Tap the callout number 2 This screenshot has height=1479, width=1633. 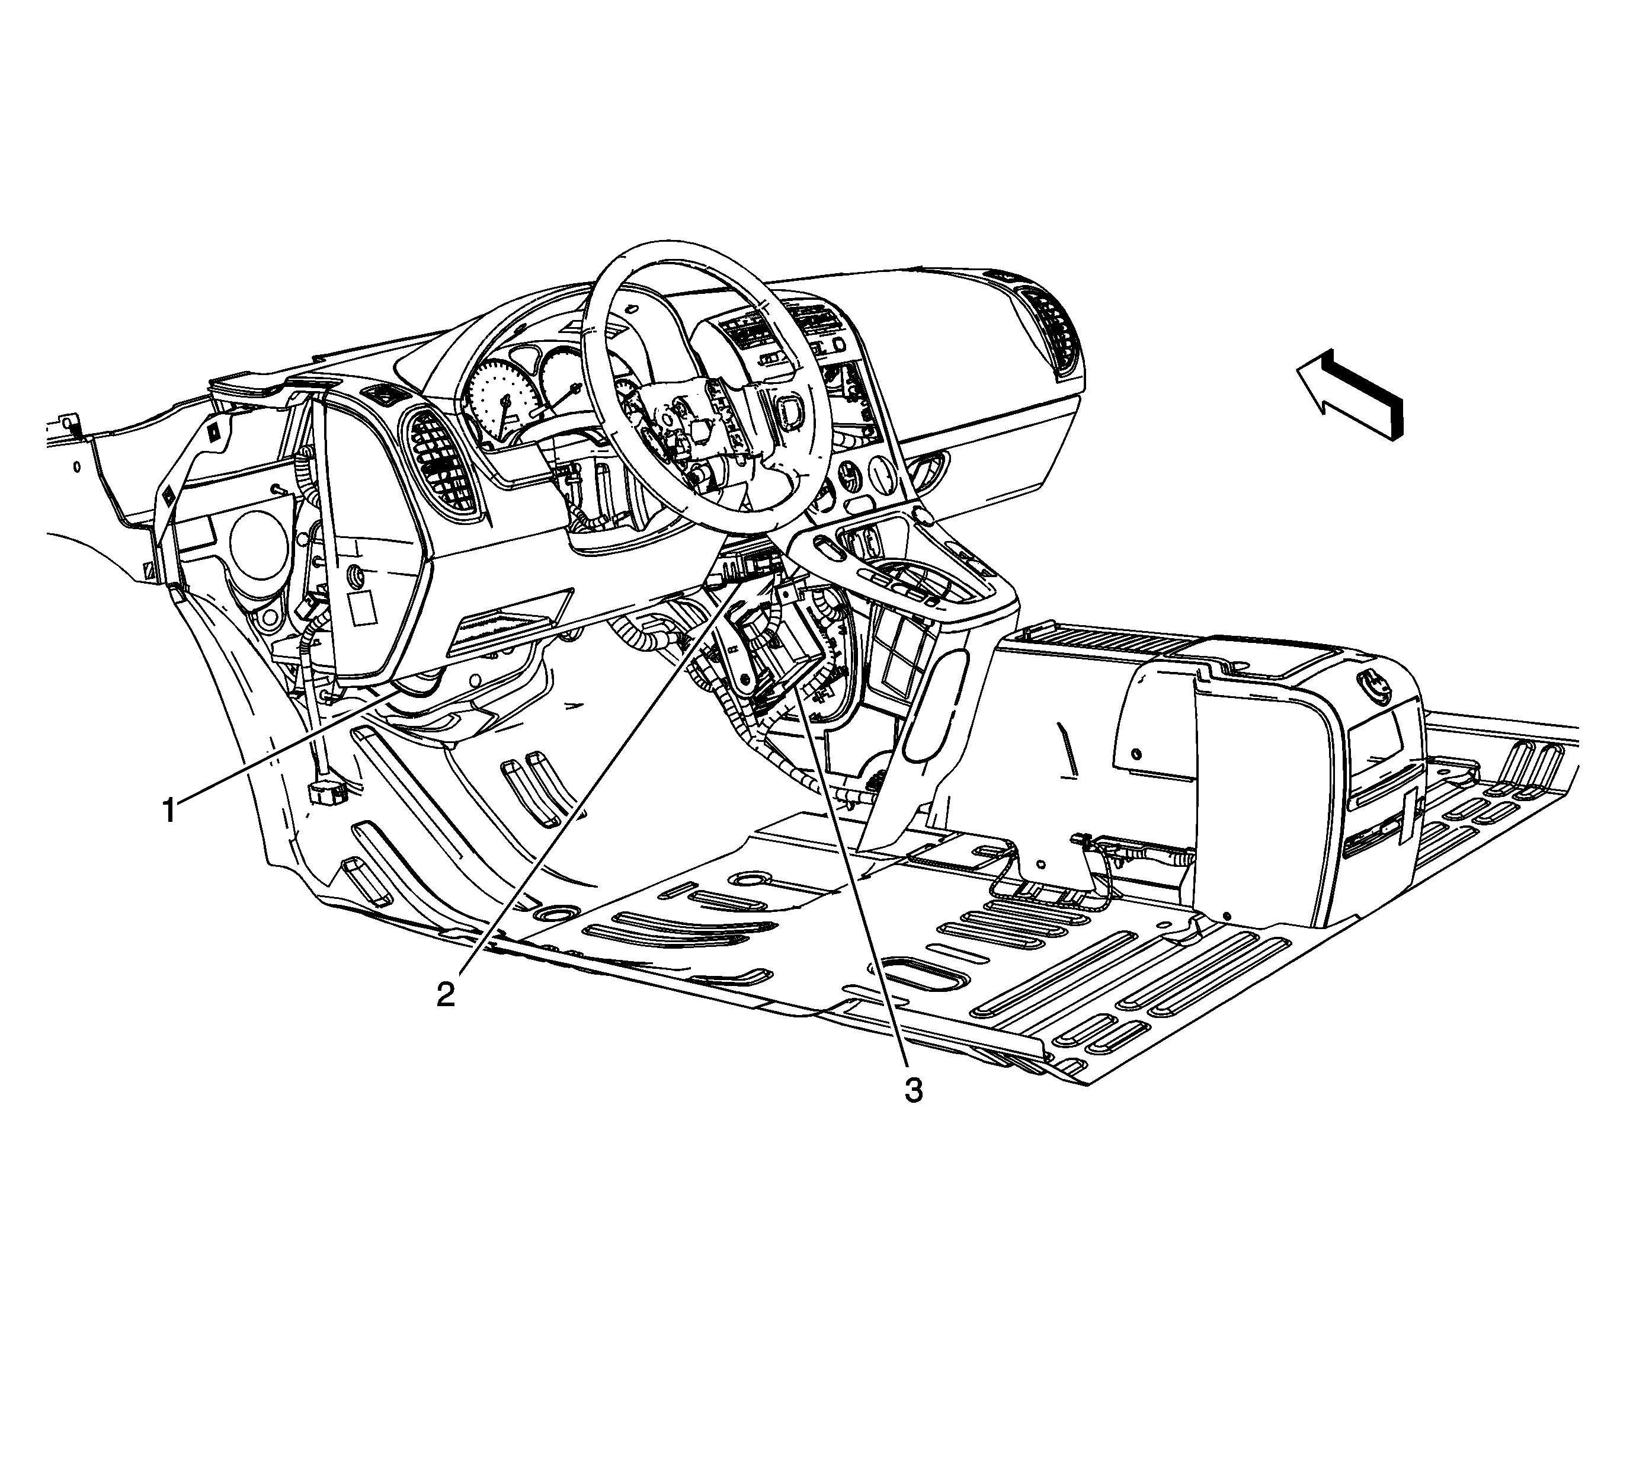point(446,993)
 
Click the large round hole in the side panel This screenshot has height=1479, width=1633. point(258,545)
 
